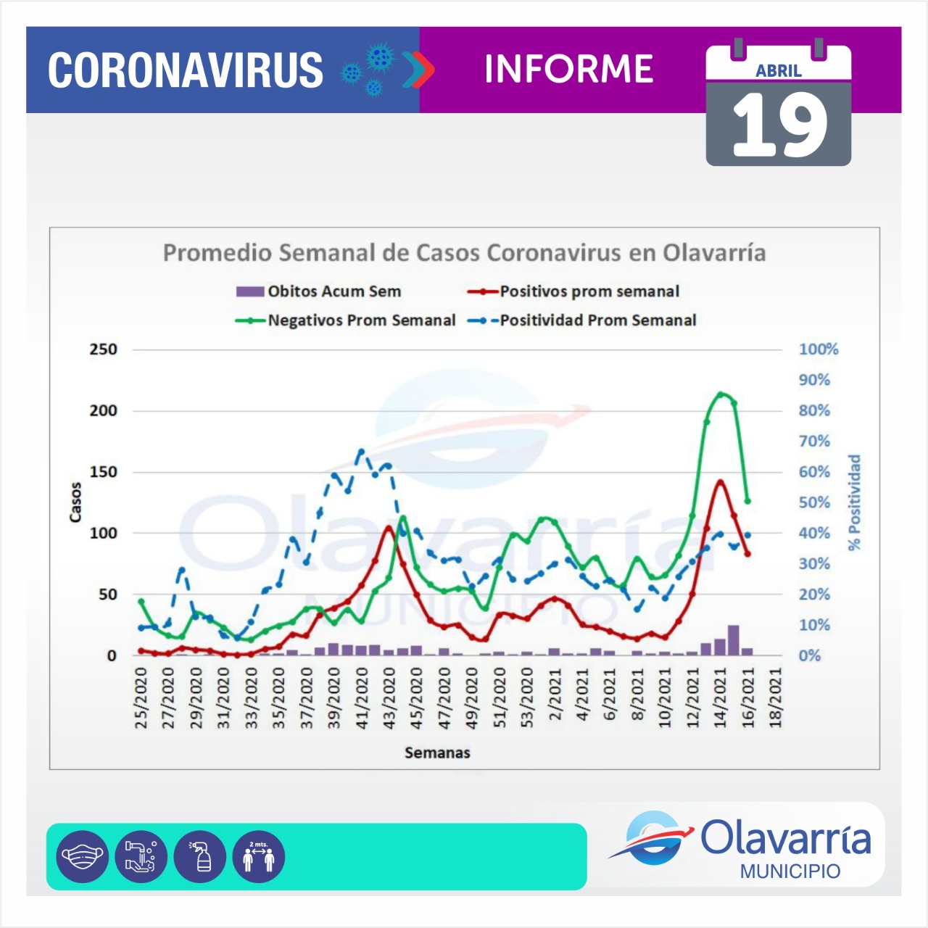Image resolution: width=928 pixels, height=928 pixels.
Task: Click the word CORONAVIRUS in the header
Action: click(x=186, y=70)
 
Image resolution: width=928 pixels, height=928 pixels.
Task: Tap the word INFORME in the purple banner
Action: click(x=568, y=70)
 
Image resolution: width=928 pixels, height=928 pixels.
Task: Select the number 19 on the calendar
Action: click(x=779, y=125)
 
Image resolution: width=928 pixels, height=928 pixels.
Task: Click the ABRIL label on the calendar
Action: click(x=778, y=71)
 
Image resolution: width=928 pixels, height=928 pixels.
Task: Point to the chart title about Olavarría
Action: click(x=464, y=253)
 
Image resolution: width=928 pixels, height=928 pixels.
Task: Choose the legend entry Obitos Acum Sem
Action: click(x=333, y=291)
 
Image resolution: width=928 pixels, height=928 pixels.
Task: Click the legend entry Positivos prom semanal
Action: click(x=589, y=291)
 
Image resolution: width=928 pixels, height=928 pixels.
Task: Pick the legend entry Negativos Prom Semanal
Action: click(x=361, y=320)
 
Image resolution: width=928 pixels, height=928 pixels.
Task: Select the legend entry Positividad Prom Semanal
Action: click(x=597, y=320)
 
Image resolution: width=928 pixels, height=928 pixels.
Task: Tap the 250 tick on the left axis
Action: click(x=103, y=349)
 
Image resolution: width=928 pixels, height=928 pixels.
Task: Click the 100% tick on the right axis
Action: click(x=819, y=349)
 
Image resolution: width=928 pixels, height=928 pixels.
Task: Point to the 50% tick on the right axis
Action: click(x=814, y=502)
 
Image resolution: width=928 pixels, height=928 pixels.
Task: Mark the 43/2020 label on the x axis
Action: click(x=389, y=698)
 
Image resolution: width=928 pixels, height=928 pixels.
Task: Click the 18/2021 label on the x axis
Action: click(x=776, y=698)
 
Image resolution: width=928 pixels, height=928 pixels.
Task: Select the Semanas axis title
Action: click(x=437, y=753)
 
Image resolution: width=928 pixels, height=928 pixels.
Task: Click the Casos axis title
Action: click(x=75, y=502)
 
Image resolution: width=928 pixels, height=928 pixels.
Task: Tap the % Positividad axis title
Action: click(x=855, y=502)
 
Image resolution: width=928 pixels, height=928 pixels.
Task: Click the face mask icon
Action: click(x=82, y=857)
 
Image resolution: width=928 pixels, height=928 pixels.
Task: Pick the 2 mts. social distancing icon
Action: click(x=259, y=857)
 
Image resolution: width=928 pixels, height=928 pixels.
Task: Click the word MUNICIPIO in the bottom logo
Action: click(x=790, y=871)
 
